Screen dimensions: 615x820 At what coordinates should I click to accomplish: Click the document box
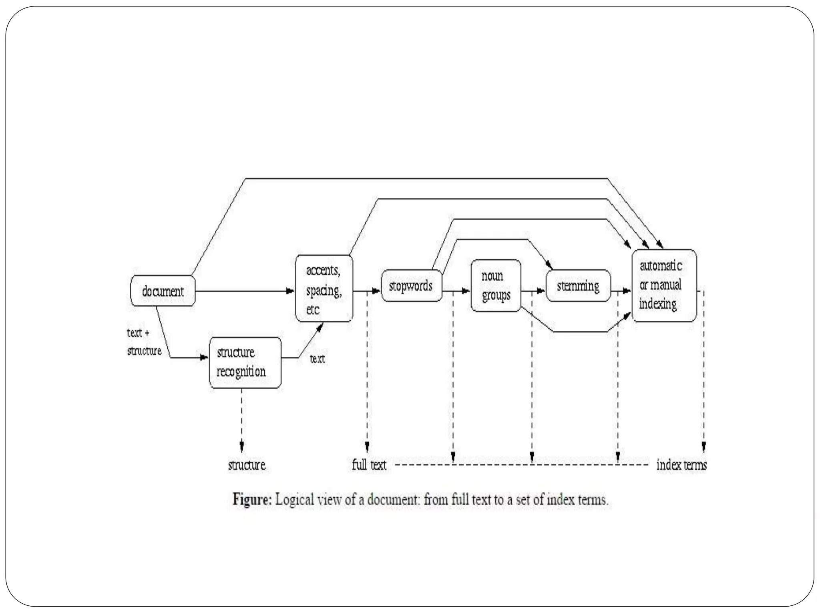163,291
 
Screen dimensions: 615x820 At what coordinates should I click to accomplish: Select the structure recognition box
245,362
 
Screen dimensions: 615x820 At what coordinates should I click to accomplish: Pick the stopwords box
411,286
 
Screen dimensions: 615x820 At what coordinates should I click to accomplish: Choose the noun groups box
496,285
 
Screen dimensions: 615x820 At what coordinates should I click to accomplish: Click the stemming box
578,286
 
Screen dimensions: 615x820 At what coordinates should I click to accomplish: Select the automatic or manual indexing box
664,285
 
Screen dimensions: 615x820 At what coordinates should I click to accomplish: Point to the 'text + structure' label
144,342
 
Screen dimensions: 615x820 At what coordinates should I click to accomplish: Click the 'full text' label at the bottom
369,465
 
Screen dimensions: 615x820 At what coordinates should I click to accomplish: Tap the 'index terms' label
681,465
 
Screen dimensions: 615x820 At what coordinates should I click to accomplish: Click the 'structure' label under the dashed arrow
247,465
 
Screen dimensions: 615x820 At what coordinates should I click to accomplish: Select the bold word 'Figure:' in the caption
252,500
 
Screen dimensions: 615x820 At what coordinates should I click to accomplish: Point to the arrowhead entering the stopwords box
376,291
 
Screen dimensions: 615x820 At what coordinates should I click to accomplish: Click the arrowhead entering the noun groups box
466,291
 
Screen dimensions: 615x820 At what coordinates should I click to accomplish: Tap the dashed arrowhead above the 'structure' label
241,446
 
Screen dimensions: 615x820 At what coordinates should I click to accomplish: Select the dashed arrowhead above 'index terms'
704,447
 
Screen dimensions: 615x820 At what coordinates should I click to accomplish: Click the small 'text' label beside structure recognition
317,359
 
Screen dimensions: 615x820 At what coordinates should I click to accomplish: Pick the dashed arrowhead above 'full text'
367,447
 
